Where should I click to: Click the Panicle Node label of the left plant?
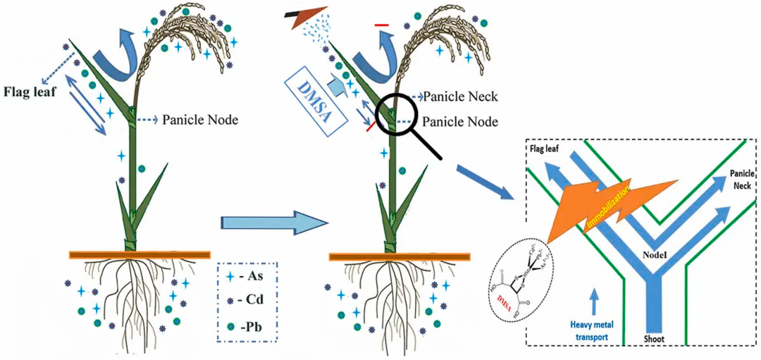pyautogui.click(x=200, y=120)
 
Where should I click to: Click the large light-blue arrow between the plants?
pyautogui.click(x=276, y=223)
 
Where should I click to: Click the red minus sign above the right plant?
pyautogui.click(x=382, y=26)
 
